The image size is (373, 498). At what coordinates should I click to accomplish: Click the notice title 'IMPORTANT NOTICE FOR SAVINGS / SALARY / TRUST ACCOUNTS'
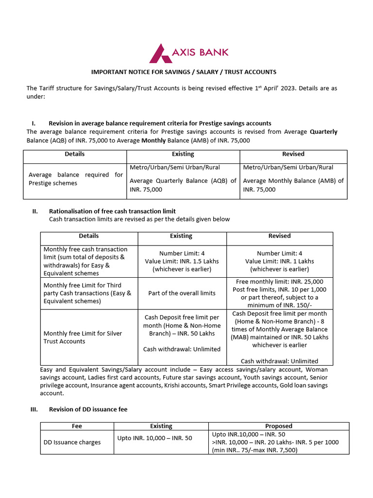pos(184,72)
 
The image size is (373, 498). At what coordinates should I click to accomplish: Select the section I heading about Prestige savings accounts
pos(160,123)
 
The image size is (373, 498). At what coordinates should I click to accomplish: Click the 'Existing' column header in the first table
pos(183,154)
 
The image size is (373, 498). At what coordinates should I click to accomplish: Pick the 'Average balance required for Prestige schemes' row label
pos(75,179)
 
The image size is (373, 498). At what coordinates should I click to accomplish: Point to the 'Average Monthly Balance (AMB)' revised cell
pos(293,181)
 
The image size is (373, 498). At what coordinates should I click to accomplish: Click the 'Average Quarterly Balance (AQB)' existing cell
pos(183,181)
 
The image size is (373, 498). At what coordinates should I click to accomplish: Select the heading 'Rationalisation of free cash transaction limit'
pos(112,211)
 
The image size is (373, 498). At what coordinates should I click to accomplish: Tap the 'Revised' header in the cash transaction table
pos(279,236)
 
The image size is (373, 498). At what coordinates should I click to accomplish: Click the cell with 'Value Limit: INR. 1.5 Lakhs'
pos(182,261)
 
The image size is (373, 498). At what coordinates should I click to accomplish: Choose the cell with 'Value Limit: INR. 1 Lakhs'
pos(279,261)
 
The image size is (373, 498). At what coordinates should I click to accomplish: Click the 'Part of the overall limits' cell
pos(182,293)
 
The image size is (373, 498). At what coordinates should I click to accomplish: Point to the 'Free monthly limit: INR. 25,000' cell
pos(279,293)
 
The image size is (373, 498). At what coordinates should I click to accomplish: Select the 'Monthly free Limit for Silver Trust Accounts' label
pos(83,338)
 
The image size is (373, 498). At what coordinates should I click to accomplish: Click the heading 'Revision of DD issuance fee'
pos(88,409)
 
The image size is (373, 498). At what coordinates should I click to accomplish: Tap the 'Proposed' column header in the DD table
pos(279,426)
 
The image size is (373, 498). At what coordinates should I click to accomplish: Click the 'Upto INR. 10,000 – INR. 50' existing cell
pos(155,438)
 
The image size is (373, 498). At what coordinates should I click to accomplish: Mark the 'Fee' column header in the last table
pos(77,426)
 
